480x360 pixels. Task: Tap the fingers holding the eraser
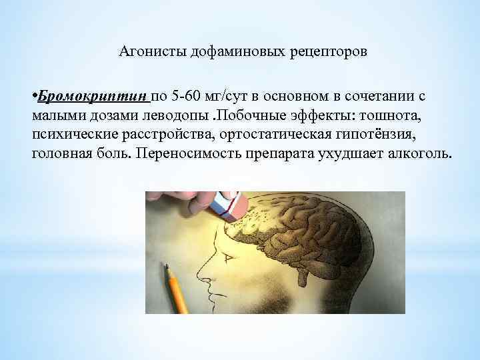coord(180,200)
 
